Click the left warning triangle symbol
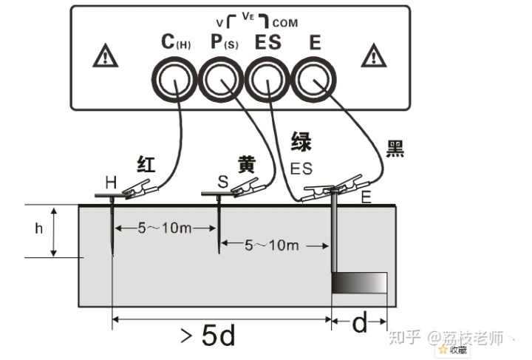105,55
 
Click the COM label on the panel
285,23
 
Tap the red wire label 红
146,164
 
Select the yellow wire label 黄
246,165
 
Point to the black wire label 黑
396,148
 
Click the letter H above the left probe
110,182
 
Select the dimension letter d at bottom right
359,324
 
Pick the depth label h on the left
39,228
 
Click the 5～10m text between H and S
164,228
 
